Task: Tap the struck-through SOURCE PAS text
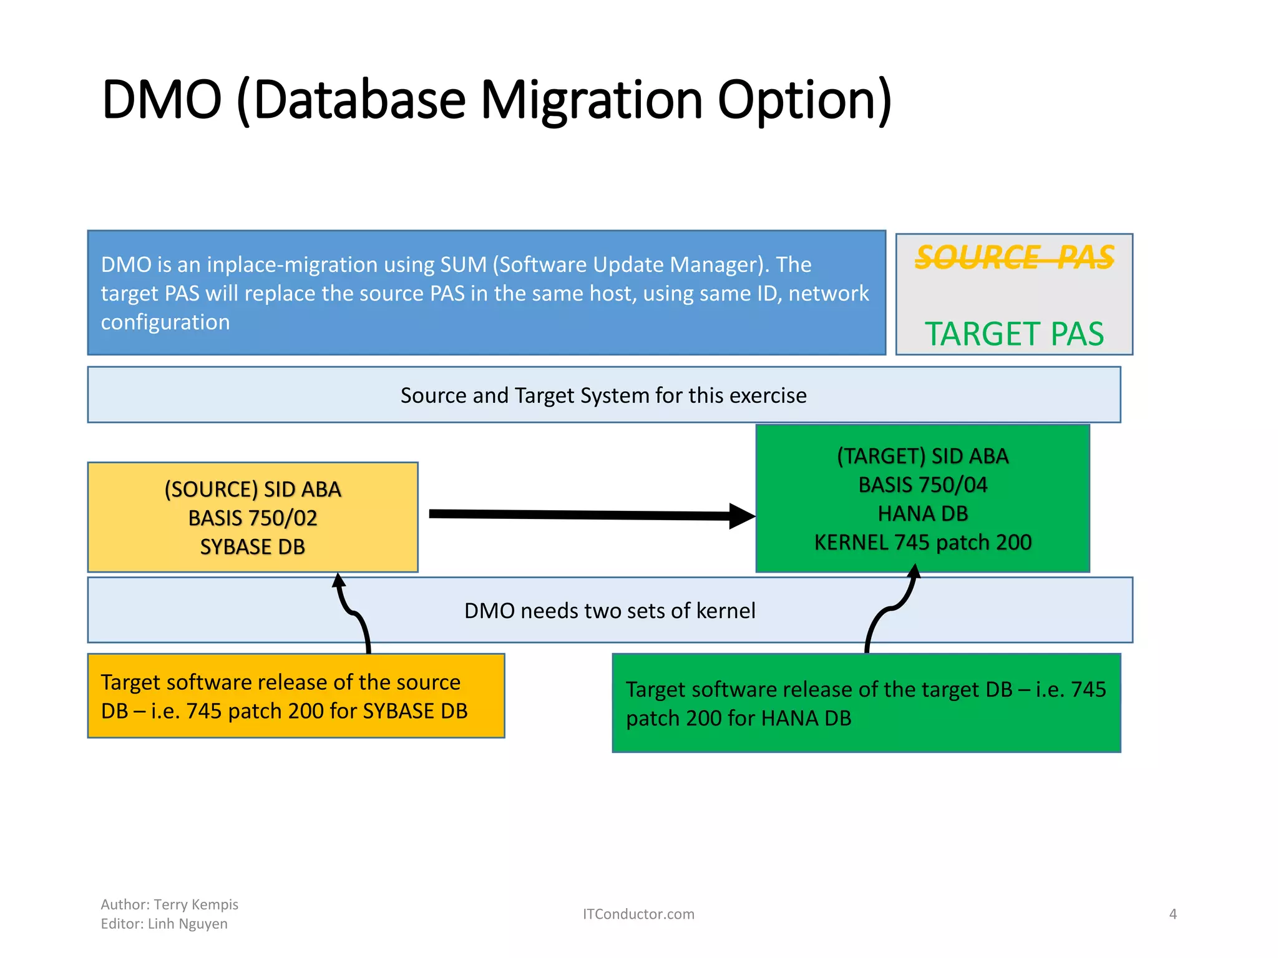(x=1014, y=257)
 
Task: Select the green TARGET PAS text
(x=1014, y=334)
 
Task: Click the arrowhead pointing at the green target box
(x=742, y=516)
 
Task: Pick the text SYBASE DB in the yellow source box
(x=253, y=547)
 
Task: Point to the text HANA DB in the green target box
(x=922, y=513)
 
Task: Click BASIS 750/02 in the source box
(x=253, y=518)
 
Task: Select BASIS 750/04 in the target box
(x=922, y=485)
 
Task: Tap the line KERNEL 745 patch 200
(x=922, y=542)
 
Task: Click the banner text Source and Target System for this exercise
(x=603, y=395)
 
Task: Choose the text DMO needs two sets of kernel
(x=610, y=611)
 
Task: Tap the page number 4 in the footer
(x=1173, y=914)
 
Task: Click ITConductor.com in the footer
(x=638, y=914)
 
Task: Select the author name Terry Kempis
(x=196, y=904)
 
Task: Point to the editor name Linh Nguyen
(x=187, y=924)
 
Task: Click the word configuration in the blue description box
(x=165, y=322)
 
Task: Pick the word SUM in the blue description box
(x=463, y=264)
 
